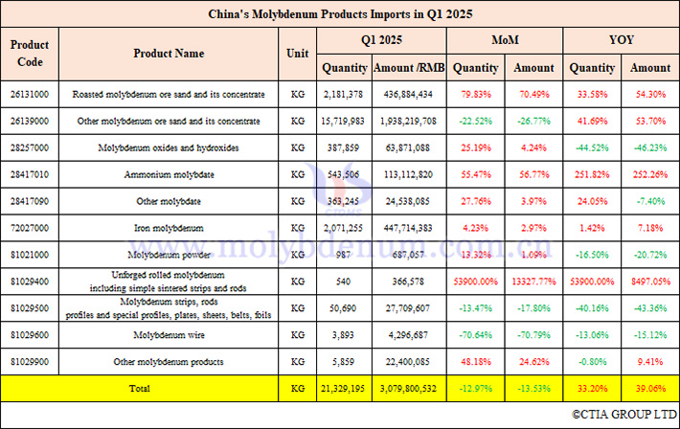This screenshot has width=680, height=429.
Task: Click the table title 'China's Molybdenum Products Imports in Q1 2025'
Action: point(340,14)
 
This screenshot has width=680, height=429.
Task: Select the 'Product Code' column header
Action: point(30,54)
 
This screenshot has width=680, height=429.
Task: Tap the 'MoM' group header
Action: point(506,42)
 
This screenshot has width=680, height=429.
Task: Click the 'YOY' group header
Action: point(621,42)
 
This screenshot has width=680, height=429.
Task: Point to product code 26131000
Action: point(30,94)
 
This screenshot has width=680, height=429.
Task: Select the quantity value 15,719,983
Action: point(344,122)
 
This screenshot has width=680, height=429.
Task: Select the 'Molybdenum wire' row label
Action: point(169,335)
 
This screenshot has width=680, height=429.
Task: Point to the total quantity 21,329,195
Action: point(344,389)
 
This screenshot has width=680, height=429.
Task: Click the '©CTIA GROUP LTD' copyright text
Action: point(623,415)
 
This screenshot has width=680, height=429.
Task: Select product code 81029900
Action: point(30,362)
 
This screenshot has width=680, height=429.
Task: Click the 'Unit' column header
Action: point(298,54)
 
